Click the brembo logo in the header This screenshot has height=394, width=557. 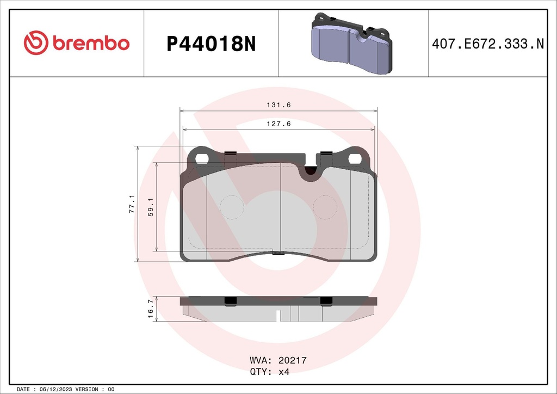[77, 44]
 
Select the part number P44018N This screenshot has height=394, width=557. [211, 44]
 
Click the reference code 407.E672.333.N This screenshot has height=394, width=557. [487, 44]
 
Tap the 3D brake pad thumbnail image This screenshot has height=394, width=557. [351, 43]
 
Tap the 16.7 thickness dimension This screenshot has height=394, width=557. [150, 309]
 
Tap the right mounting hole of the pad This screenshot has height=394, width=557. [355, 158]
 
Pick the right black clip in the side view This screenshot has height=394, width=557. [326, 301]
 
